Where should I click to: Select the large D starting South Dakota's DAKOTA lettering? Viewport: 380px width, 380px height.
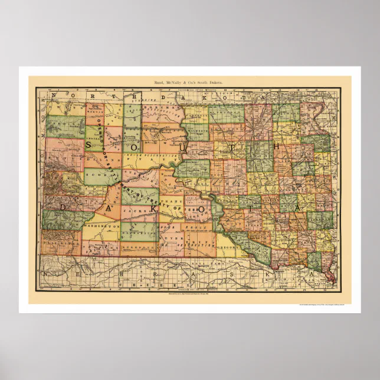[63, 207]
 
